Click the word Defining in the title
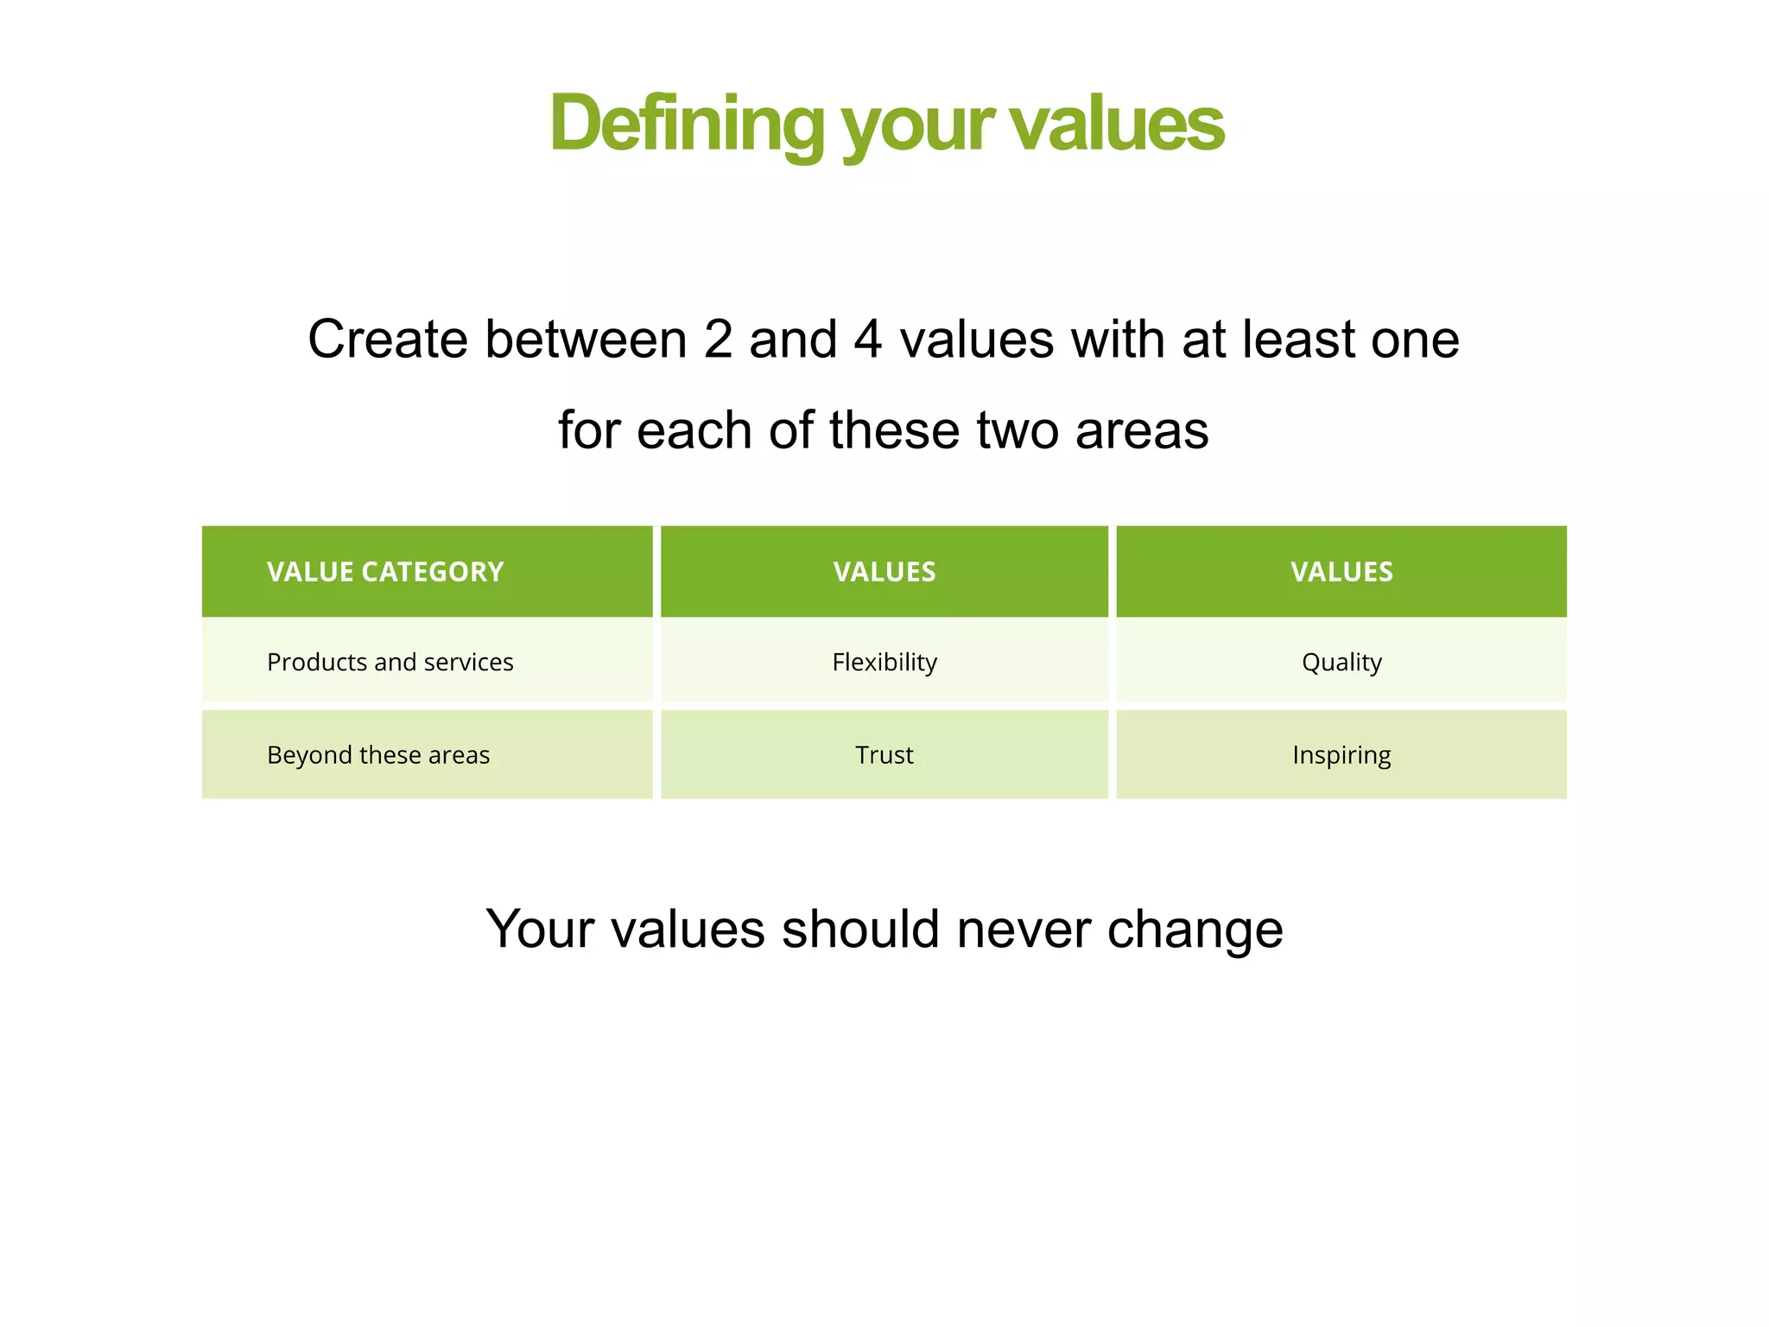(x=687, y=124)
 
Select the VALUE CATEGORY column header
(x=385, y=572)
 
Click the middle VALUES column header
(x=884, y=572)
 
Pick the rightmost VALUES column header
(x=1341, y=572)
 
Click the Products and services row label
(x=390, y=663)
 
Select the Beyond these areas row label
(x=378, y=755)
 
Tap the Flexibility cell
(x=884, y=663)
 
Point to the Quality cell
(x=1341, y=663)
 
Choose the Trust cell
(x=884, y=755)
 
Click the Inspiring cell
(x=1341, y=755)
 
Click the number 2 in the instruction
(x=718, y=340)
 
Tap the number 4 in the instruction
(x=868, y=340)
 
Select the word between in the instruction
(x=586, y=340)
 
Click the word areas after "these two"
(x=1142, y=431)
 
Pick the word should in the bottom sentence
(x=860, y=930)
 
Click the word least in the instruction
(x=1298, y=340)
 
